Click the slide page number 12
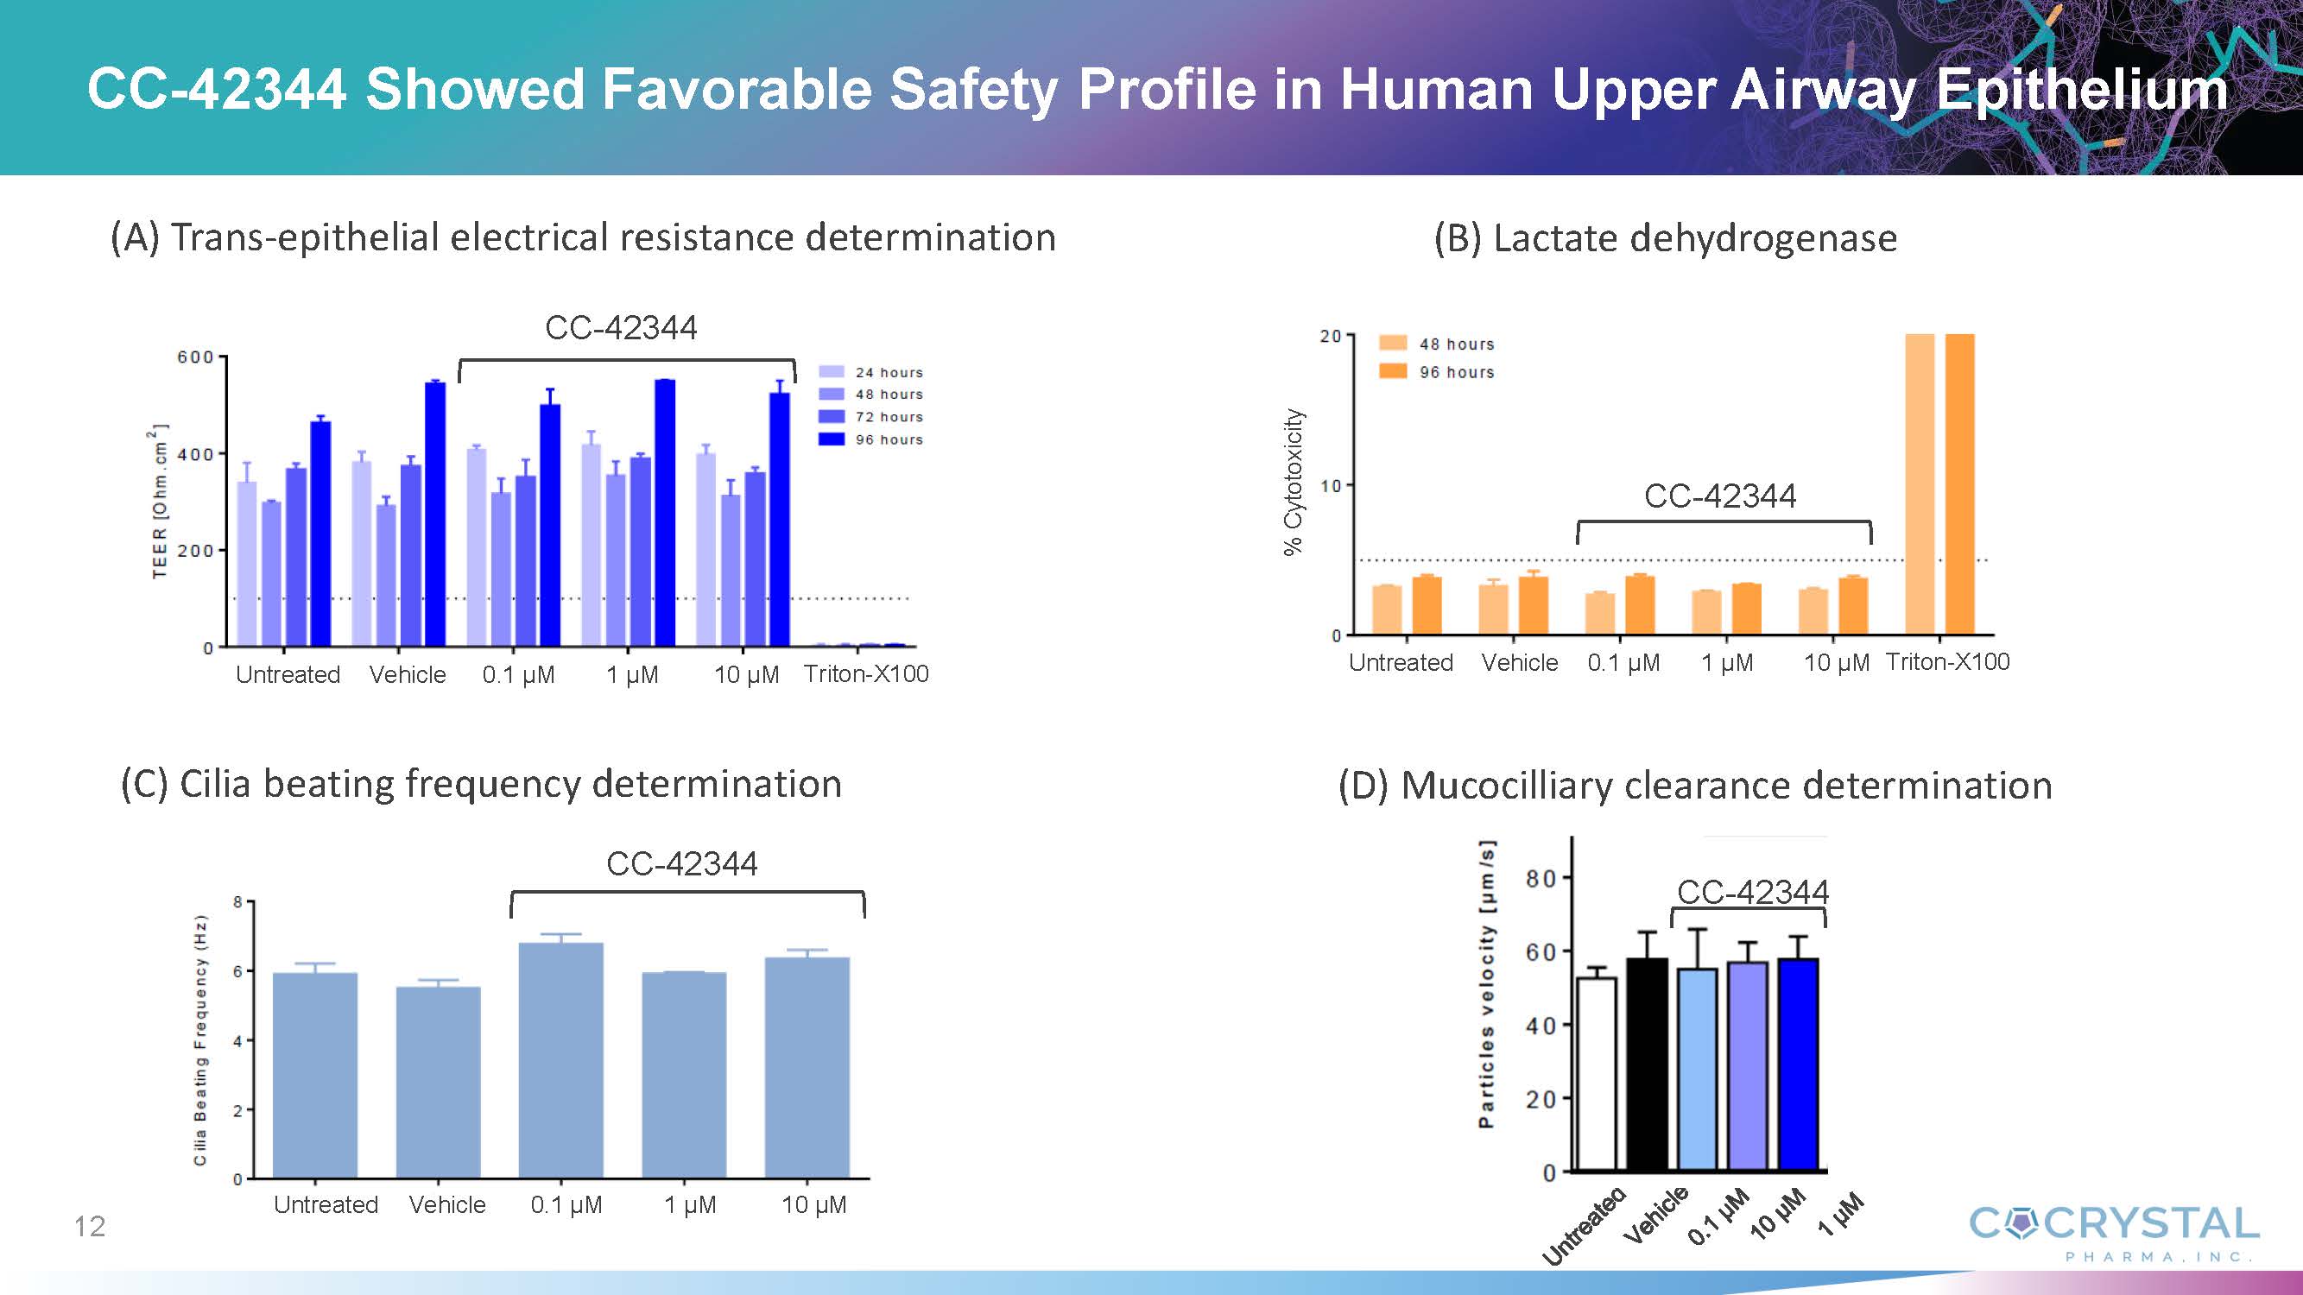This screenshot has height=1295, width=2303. pyautogui.click(x=90, y=1226)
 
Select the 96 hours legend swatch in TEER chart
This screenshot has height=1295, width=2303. pyautogui.click(x=832, y=439)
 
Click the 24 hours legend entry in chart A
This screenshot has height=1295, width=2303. pyautogui.click(x=870, y=373)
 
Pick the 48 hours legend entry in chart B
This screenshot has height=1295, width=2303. pyautogui.click(x=1437, y=344)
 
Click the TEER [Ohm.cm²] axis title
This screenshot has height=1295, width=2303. pyautogui.click(x=159, y=502)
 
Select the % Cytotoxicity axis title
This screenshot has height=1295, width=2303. pyautogui.click(x=1294, y=483)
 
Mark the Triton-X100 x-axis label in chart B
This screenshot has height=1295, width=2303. pyautogui.click(x=1947, y=662)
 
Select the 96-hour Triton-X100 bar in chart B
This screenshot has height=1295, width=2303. pyautogui.click(x=1959, y=483)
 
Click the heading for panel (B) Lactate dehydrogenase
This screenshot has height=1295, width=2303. pyautogui.click(x=1665, y=238)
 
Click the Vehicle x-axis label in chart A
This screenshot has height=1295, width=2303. pyautogui.click(x=408, y=675)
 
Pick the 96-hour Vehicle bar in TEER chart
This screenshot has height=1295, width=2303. pyautogui.click(x=434, y=514)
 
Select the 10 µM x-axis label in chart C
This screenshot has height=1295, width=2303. pyautogui.click(x=813, y=1204)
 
